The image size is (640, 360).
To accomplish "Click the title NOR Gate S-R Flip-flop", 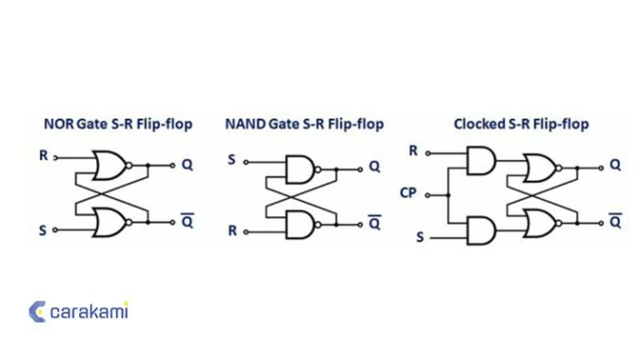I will click(117, 124).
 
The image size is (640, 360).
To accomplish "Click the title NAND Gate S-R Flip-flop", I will click(304, 124).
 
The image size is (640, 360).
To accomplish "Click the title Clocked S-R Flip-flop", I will click(521, 124).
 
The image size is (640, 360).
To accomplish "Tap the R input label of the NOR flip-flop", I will click(42, 155).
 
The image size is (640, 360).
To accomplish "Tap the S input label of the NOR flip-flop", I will click(42, 230).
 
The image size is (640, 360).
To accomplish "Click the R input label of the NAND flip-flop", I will click(232, 230).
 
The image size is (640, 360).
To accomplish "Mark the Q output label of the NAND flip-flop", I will click(374, 167).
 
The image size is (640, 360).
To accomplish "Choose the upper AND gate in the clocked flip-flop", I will click(481, 160).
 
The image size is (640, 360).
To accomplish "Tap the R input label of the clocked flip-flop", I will click(413, 151).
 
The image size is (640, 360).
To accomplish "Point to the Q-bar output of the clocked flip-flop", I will click(615, 221).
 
